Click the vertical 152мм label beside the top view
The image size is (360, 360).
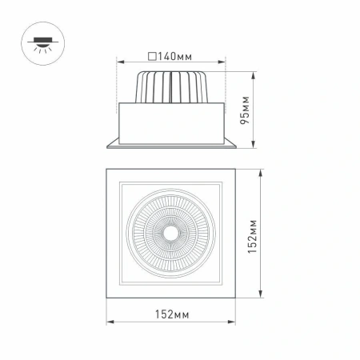click(x=251, y=236)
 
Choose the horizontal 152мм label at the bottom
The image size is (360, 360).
click(x=171, y=314)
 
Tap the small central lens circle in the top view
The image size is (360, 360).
click(x=170, y=234)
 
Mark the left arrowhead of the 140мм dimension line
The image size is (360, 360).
click(x=118, y=63)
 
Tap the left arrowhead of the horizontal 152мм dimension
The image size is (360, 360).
click(x=109, y=322)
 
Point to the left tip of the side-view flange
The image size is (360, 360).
click(x=108, y=146)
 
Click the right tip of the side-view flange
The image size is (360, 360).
click(x=234, y=146)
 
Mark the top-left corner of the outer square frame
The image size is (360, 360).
click(x=107, y=170)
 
